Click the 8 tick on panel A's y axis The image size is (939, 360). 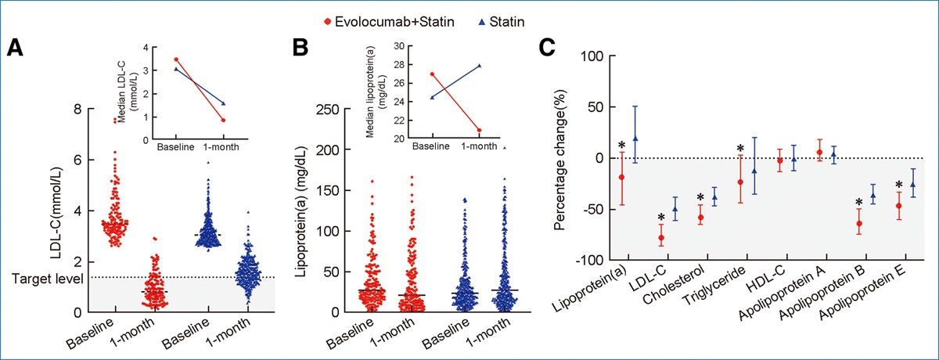point(78,110)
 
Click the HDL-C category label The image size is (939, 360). point(768,283)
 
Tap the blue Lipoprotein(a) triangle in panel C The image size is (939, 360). point(635,139)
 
